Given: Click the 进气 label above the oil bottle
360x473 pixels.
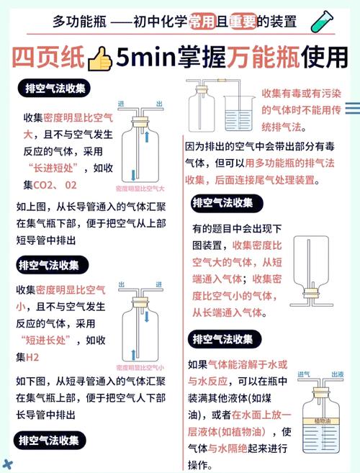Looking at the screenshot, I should pos(304,375).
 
